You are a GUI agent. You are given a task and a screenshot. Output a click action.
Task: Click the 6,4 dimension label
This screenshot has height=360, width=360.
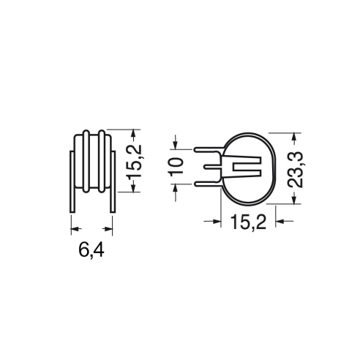[x=91, y=250]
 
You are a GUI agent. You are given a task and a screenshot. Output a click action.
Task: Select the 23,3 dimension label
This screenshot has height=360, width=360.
[x=296, y=170]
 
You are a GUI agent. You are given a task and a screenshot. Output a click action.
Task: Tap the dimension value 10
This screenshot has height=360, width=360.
[x=176, y=167]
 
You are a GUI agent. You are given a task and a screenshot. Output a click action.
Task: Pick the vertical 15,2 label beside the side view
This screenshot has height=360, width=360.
[x=135, y=162]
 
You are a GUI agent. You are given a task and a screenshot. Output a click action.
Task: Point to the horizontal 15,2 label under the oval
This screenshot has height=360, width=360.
[x=249, y=222]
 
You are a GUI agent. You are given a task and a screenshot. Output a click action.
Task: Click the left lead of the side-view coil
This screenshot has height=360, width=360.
[x=72, y=181]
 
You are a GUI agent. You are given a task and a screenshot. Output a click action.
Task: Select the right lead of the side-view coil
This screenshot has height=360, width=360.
[x=113, y=181]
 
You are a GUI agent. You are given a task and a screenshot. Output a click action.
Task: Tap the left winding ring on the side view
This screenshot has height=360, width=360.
[x=86, y=162]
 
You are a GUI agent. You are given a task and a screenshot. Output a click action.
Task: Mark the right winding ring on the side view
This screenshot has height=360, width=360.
[x=102, y=162]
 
